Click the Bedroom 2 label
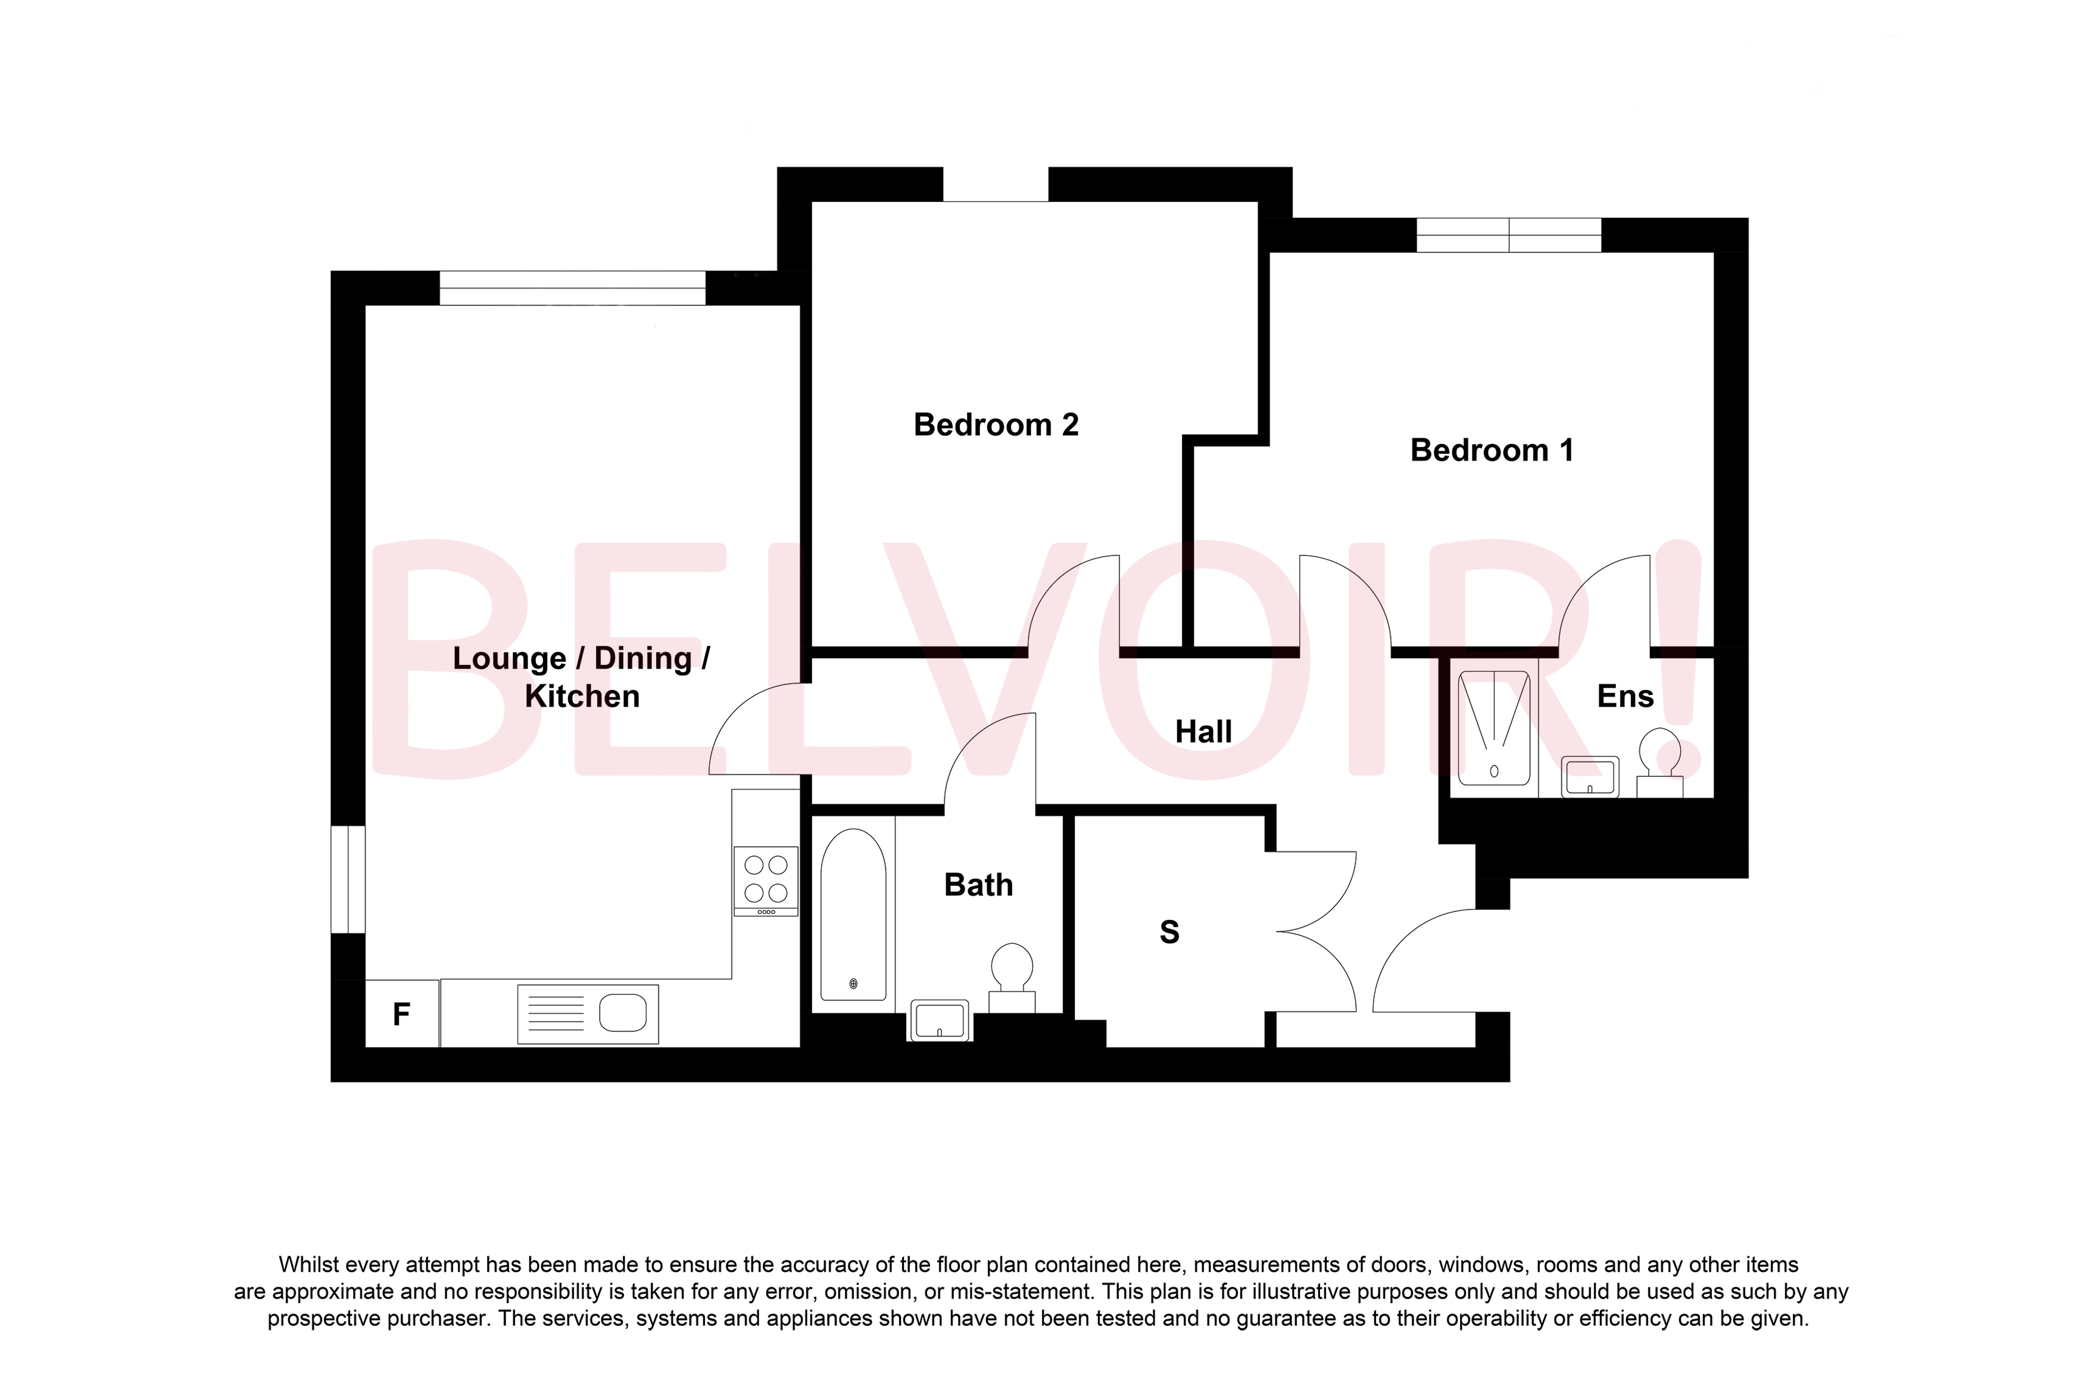pos(996,425)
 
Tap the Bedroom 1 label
pos(1492,451)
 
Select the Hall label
pos(1203,732)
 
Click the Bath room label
pos(978,885)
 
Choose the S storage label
pos(1169,932)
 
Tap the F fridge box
pos(401,1013)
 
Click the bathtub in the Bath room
pos(853,916)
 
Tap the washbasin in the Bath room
pos(939,1020)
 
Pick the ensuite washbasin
pos(1589,777)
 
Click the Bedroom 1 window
pos(1508,235)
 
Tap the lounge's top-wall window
pos(572,288)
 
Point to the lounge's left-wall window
pos(348,879)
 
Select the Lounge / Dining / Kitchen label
pos(581,678)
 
